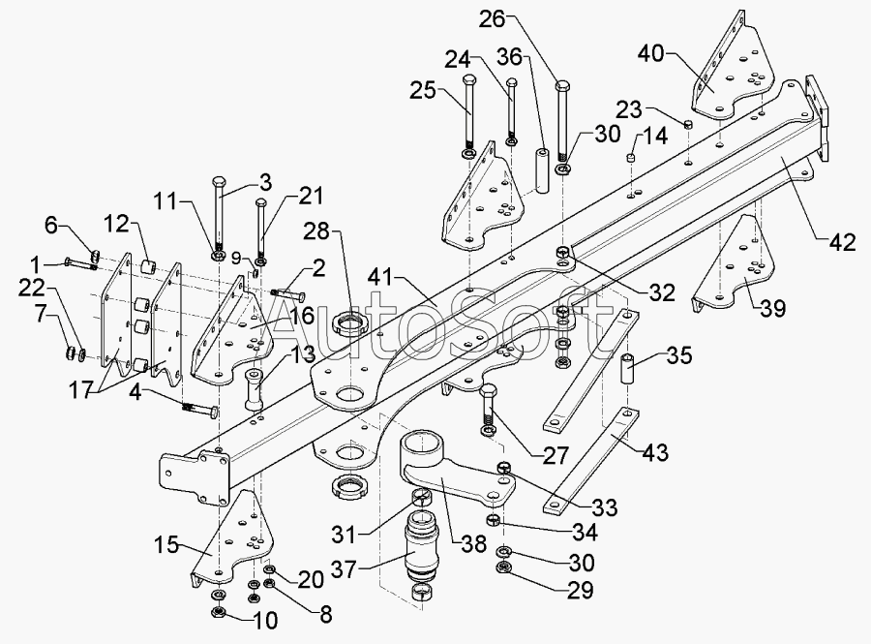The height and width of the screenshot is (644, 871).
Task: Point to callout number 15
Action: click(x=166, y=545)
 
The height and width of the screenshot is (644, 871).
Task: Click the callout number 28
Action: click(x=316, y=230)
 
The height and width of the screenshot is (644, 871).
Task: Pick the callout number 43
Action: click(x=655, y=452)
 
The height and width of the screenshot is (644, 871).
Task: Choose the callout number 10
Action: click(x=264, y=620)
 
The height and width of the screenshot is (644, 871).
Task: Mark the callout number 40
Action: click(x=651, y=54)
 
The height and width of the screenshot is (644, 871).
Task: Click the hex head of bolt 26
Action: click(x=562, y=88)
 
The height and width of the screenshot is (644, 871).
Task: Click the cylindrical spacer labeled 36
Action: click(x=542, y=169)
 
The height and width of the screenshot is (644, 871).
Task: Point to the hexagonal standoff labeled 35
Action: click(x=627, y=369)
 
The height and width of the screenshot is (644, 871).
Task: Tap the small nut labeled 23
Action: click(x=688, y=124)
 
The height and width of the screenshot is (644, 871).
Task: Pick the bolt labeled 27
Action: click(x=488, y=410)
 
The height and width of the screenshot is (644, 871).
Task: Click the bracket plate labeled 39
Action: click(x=733, y=264)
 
